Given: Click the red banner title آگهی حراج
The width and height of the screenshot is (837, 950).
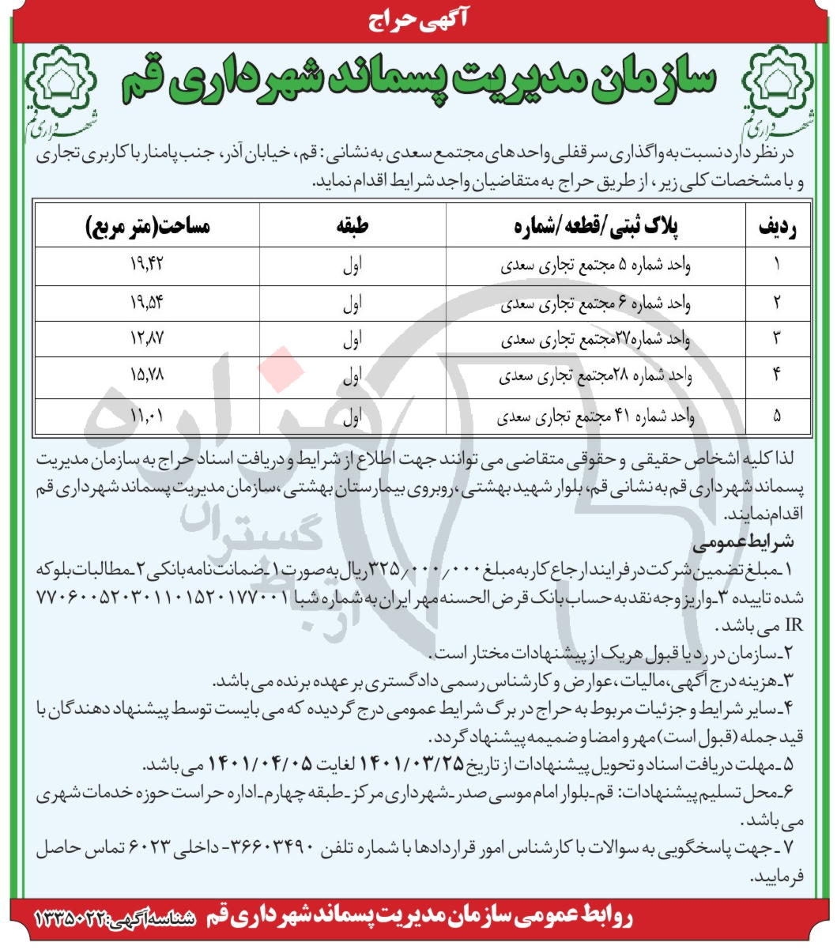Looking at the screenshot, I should (418, 19).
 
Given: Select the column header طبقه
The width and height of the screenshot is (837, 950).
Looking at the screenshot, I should (353, 228).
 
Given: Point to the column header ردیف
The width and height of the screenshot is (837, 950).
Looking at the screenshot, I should (777, 228).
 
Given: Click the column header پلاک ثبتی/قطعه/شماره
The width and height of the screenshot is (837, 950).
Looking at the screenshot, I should (598, 228).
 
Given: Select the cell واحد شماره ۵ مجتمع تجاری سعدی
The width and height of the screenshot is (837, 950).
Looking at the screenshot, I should (598, 266).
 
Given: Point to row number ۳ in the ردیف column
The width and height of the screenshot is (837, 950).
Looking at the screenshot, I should (777, 341).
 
